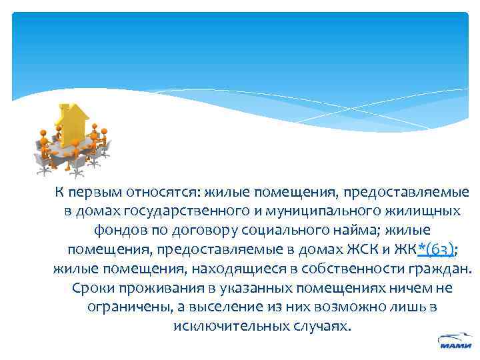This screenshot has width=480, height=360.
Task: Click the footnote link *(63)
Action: coord(436,250)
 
